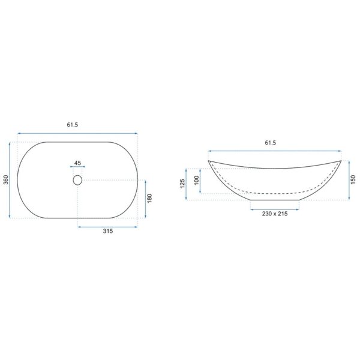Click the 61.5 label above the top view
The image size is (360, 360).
73,125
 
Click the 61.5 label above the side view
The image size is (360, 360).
270,143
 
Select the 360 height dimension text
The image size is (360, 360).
6,179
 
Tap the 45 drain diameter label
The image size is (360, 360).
78,163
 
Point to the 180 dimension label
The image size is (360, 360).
149,199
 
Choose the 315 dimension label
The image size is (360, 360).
107,231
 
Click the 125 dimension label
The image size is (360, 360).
182,184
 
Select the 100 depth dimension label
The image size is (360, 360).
196,181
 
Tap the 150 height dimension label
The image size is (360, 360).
353,180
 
